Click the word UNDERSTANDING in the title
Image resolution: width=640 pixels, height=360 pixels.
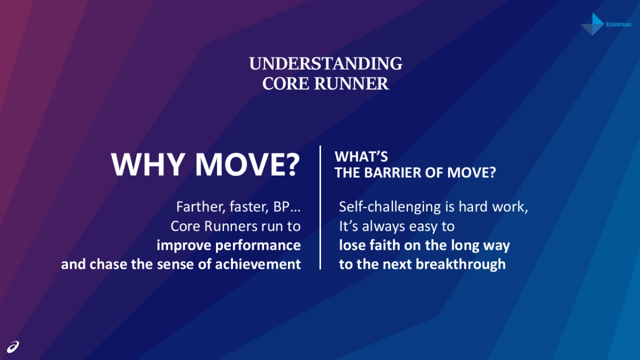tap(326, 63)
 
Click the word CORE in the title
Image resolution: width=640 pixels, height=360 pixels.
tap(286, 83)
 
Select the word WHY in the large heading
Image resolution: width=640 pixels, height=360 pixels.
tap(147, 165)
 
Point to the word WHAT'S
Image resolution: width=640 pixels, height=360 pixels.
tap(361, 157)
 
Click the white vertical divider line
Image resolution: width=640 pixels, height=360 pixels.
tap(320, 207)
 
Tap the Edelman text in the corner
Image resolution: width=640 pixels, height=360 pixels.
tap(619, 25)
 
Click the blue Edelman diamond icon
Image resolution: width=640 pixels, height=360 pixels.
tap(594, 24)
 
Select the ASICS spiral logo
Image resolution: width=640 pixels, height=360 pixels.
tap(13, 347)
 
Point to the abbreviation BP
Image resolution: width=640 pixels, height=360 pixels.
tap(282, 207)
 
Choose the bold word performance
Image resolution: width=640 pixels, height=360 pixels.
tap(258, 246)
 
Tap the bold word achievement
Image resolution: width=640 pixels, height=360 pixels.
tap(258, 265)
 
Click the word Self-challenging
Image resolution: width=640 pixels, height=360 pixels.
tap(390, 207)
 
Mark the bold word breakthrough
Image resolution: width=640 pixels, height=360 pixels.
tap(461, 265)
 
